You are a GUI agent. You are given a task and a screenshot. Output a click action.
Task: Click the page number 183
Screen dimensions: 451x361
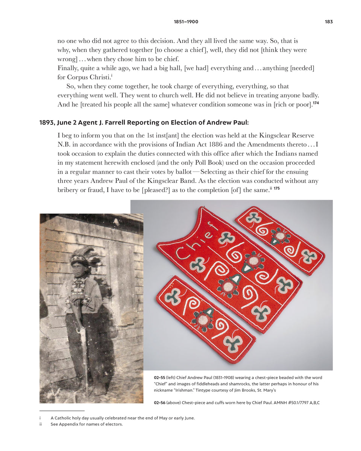tap(329, 22)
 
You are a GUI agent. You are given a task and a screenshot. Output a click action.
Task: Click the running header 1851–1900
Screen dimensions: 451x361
tap(186, 22)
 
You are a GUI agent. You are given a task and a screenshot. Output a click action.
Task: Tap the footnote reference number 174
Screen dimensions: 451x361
tap(316, 103)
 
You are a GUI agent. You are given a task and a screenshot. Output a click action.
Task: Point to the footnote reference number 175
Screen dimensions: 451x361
tap(276, 188)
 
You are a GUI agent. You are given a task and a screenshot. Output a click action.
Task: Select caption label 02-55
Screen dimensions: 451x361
tap(159, 378)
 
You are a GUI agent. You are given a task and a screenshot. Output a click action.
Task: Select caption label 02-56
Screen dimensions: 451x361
tap(159, 403)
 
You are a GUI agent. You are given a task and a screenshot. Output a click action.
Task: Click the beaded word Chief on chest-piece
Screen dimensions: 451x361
tap(197, 241)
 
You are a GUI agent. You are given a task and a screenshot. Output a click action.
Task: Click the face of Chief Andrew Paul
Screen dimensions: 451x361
tap(78, 268)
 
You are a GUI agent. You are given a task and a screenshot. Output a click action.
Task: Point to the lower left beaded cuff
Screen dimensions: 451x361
tap(205, 319)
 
